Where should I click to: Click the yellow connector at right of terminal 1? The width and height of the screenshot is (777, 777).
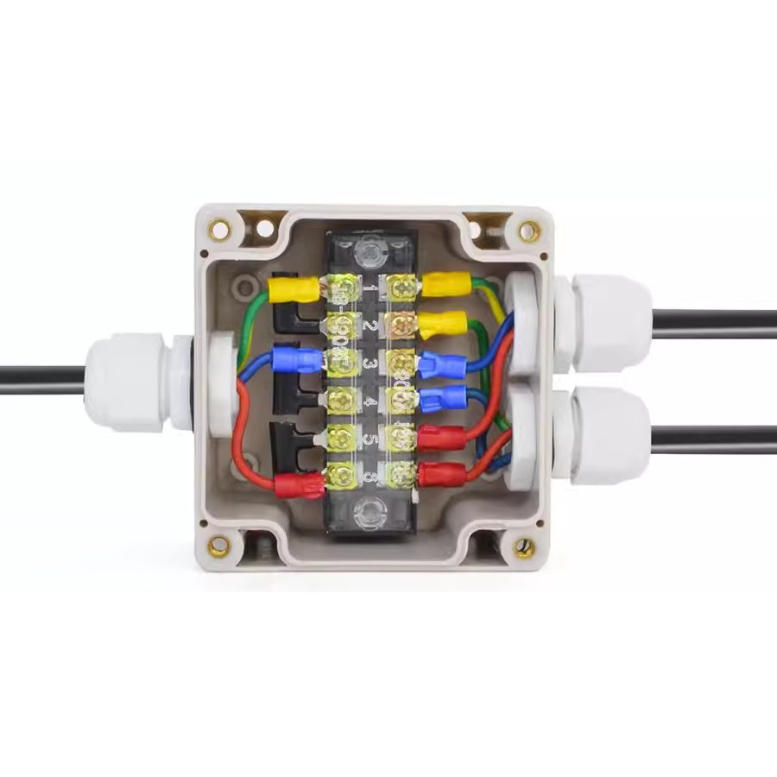tap(445, 284)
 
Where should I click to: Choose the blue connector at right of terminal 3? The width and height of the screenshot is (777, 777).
tap(443, 365)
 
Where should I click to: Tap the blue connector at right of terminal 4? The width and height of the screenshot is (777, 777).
tap(443, 398)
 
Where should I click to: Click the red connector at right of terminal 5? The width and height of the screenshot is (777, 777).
tap(442, 437)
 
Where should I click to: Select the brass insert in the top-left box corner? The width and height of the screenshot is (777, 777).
tap(219, 230)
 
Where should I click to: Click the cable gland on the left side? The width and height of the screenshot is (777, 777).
tap(129, 382)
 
